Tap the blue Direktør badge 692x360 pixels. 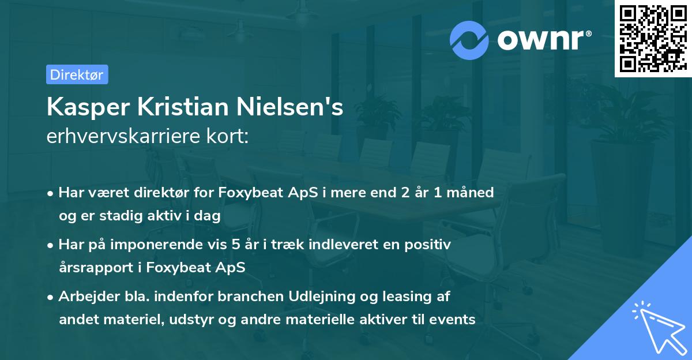77,74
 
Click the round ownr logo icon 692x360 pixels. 469,40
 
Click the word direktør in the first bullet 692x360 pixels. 185,193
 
